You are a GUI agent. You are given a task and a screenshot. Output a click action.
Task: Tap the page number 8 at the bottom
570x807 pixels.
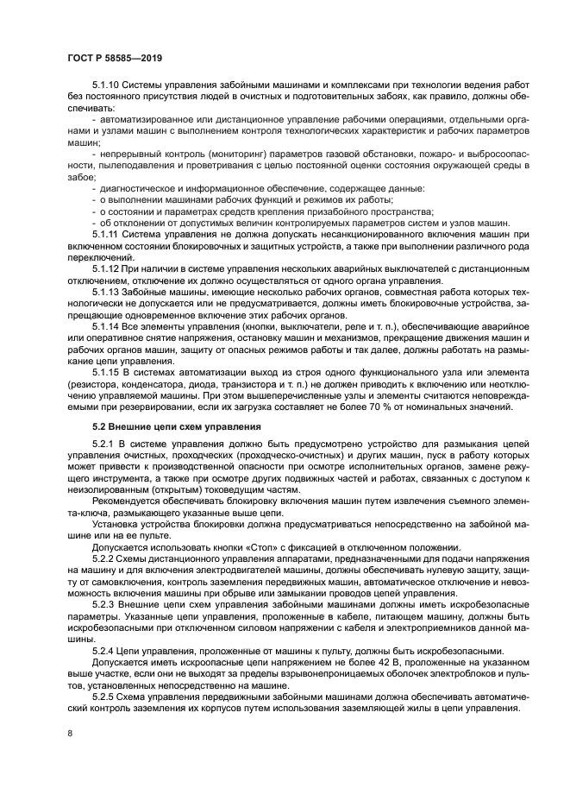point(70,734)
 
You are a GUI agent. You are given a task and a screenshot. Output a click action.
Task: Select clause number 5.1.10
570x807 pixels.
point(106,85)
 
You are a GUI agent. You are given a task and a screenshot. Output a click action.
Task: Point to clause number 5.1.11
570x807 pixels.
point(105,234)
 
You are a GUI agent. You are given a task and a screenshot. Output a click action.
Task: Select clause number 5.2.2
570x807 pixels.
point(103,559)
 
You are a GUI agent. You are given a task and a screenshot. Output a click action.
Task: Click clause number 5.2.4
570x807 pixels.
point(103,650)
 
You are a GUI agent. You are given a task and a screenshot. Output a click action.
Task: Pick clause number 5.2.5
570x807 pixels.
point(103,695)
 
